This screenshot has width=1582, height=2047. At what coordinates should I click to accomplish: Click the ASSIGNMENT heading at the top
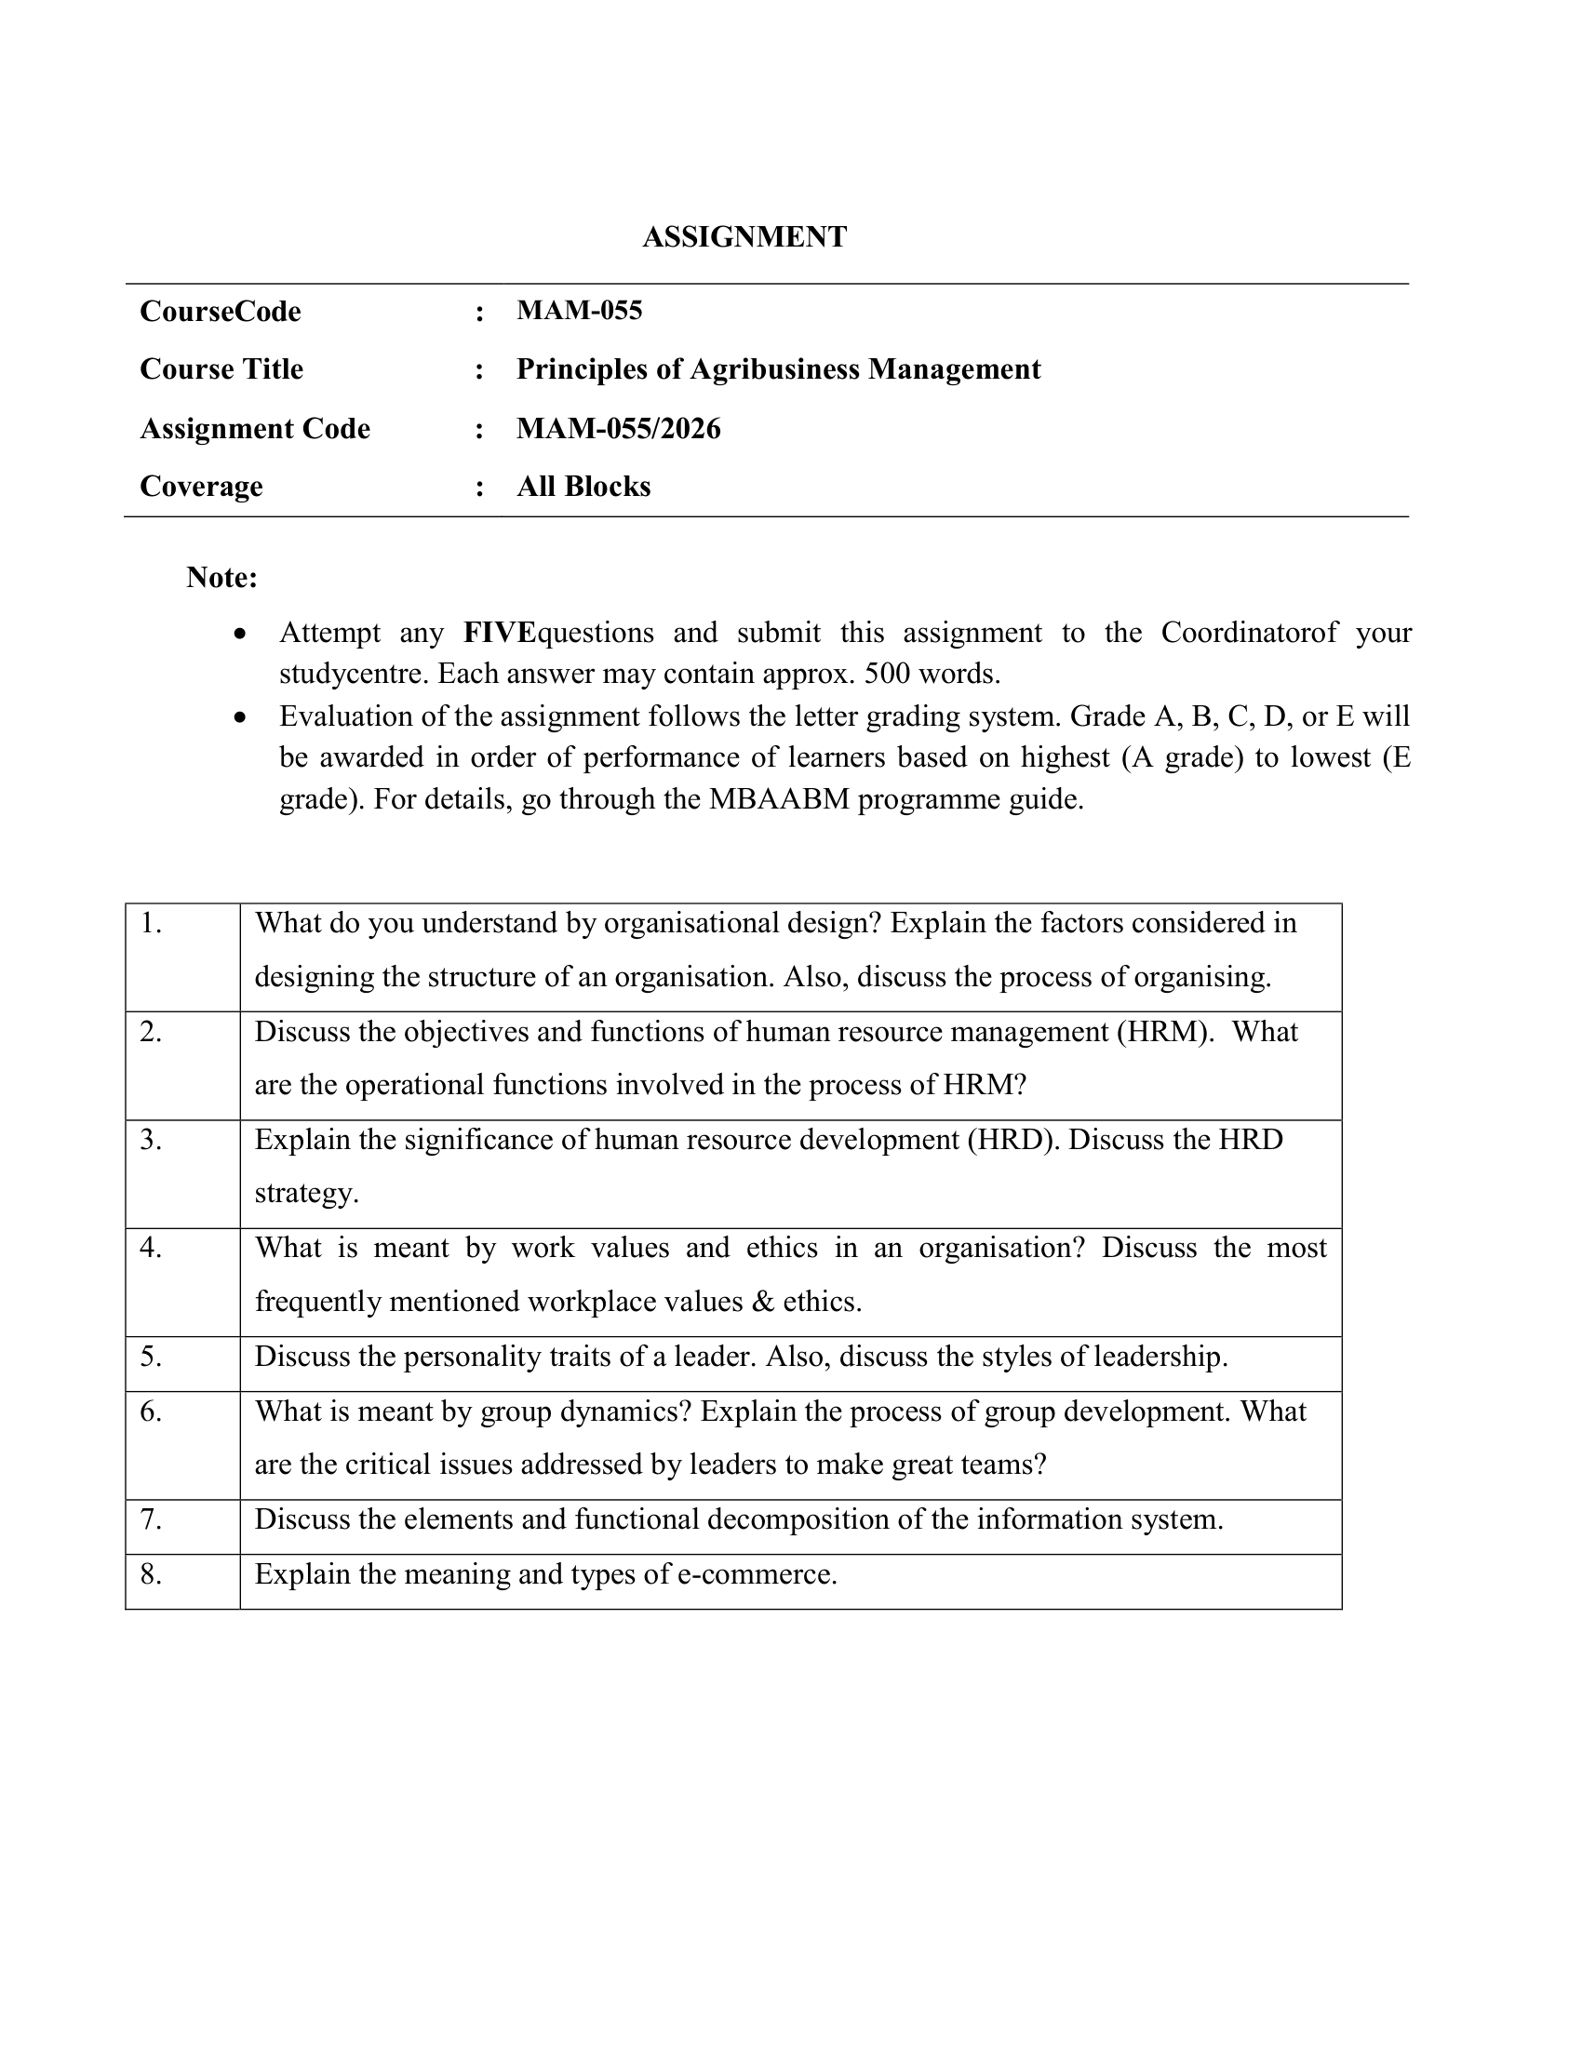[744, 237]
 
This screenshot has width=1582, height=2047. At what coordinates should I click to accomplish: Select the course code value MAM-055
[579, 310]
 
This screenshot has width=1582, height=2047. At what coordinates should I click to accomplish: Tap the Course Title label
[221, 369]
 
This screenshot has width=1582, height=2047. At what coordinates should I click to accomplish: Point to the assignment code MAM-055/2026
[619, 428]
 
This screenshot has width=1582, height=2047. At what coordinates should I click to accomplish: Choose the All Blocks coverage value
[583, 487]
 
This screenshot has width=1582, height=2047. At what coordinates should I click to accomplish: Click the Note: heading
[221, 578]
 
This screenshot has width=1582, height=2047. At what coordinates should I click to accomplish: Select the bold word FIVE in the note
[499, 633]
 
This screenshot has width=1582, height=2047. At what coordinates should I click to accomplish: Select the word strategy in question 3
[306, 1193]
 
